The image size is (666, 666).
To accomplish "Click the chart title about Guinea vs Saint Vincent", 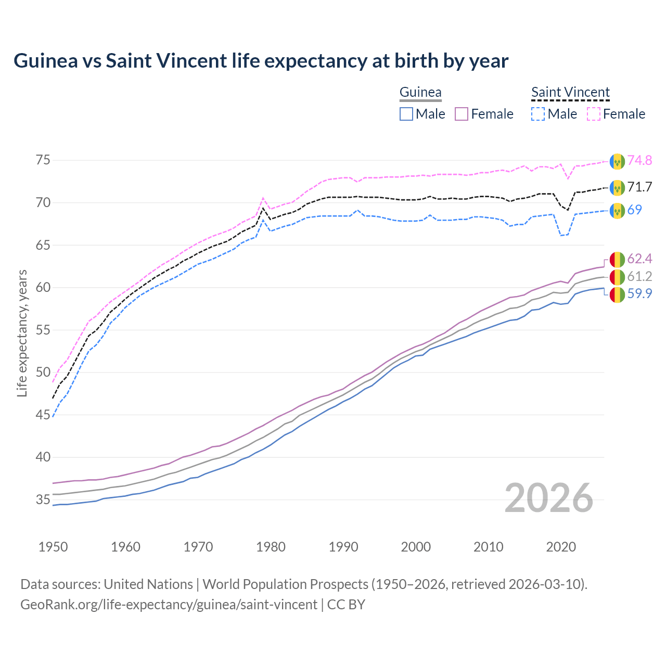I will click(x=261, y=61).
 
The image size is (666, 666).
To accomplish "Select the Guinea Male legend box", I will click(x=406, y=114).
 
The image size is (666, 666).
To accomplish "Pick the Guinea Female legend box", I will click(x=462, y=114).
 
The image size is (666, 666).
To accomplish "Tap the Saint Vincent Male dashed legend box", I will click(x=538, y=114).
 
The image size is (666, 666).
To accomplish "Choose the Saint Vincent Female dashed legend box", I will click(x=594, y=114).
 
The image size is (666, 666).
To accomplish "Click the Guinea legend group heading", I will click(x=420, y=93).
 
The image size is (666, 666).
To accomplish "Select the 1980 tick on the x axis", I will click(x=271, y=547).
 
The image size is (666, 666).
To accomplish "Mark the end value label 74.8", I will click(x=639, y=160).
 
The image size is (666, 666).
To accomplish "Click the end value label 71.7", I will click(x=639, y=187).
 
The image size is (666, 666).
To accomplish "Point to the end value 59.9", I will click(x=639, y=294).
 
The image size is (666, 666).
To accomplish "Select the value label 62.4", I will click(x=639, y=259).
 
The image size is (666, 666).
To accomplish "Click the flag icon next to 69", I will click(x=617, y=210).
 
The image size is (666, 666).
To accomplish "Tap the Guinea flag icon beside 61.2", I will click(x=617, y=277).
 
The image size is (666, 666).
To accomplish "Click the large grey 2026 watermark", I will click(x=549, y=498).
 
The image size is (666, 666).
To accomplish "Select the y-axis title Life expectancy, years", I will click(x=22, y=333).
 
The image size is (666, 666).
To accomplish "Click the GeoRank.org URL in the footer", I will click(x=169, y=605).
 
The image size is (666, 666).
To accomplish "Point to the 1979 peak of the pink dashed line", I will click(x=263, y=198).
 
